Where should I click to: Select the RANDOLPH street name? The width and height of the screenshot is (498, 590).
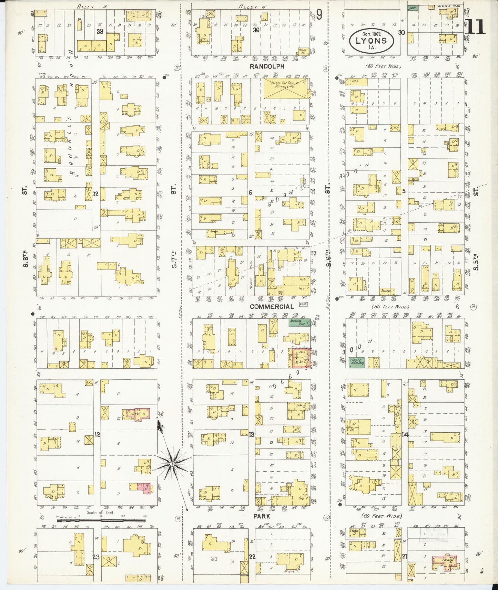[267, 66]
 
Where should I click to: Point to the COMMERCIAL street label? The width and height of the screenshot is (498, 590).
[272, 306]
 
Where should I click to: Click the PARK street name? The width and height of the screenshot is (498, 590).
[262, 516]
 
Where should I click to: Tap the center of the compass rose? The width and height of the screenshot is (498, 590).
[172, 464]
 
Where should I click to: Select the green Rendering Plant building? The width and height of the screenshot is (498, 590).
[298, 323]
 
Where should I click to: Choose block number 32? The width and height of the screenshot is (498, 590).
[95, 194]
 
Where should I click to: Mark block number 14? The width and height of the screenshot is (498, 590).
[405, 435]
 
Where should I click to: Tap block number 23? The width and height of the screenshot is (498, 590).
[96, 556]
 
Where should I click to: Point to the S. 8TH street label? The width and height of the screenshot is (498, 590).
[24, 261]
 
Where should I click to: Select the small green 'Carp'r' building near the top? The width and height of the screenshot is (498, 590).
[413, 7]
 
